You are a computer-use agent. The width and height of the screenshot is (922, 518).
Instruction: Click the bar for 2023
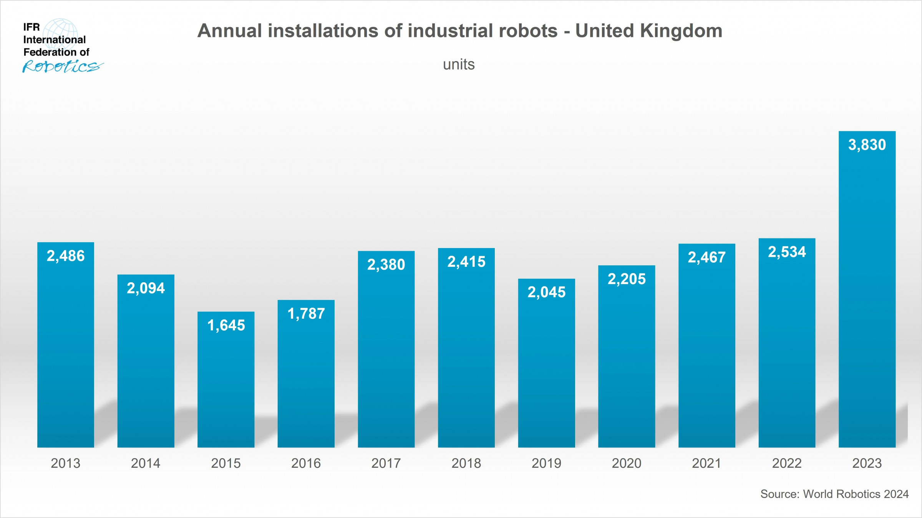pos(867,292)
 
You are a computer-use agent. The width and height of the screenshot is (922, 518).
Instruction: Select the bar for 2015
pos(226,380)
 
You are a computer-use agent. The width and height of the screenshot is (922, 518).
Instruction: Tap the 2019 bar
pos(546,365)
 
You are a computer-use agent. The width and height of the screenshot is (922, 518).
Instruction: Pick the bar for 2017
pos(386,349)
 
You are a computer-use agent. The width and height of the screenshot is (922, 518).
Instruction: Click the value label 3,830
pos(867,145)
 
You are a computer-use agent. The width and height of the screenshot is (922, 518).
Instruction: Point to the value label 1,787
pos(306,314)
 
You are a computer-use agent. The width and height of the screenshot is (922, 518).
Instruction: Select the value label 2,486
pos(66,256)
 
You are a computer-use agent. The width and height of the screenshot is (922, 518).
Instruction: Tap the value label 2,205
pos(627,279)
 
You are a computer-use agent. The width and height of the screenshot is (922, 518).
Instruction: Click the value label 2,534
pos(787,252)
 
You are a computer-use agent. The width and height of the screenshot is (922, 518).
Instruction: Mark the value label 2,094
pos(146,288)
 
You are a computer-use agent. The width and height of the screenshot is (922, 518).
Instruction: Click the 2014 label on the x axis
pos(146,463)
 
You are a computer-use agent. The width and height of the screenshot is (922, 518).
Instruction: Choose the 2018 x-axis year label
pos(466,463)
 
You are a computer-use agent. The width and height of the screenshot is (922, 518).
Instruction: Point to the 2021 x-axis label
pos(706,463)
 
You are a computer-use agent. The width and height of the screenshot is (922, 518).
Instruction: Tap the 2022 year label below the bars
pos(787,463)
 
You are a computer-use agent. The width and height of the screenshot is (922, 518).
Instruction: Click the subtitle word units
pos(459,65)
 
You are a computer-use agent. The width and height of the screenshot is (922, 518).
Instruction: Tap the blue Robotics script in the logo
pos(63,66)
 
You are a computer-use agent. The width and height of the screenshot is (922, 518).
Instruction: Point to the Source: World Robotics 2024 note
pos(834,494)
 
